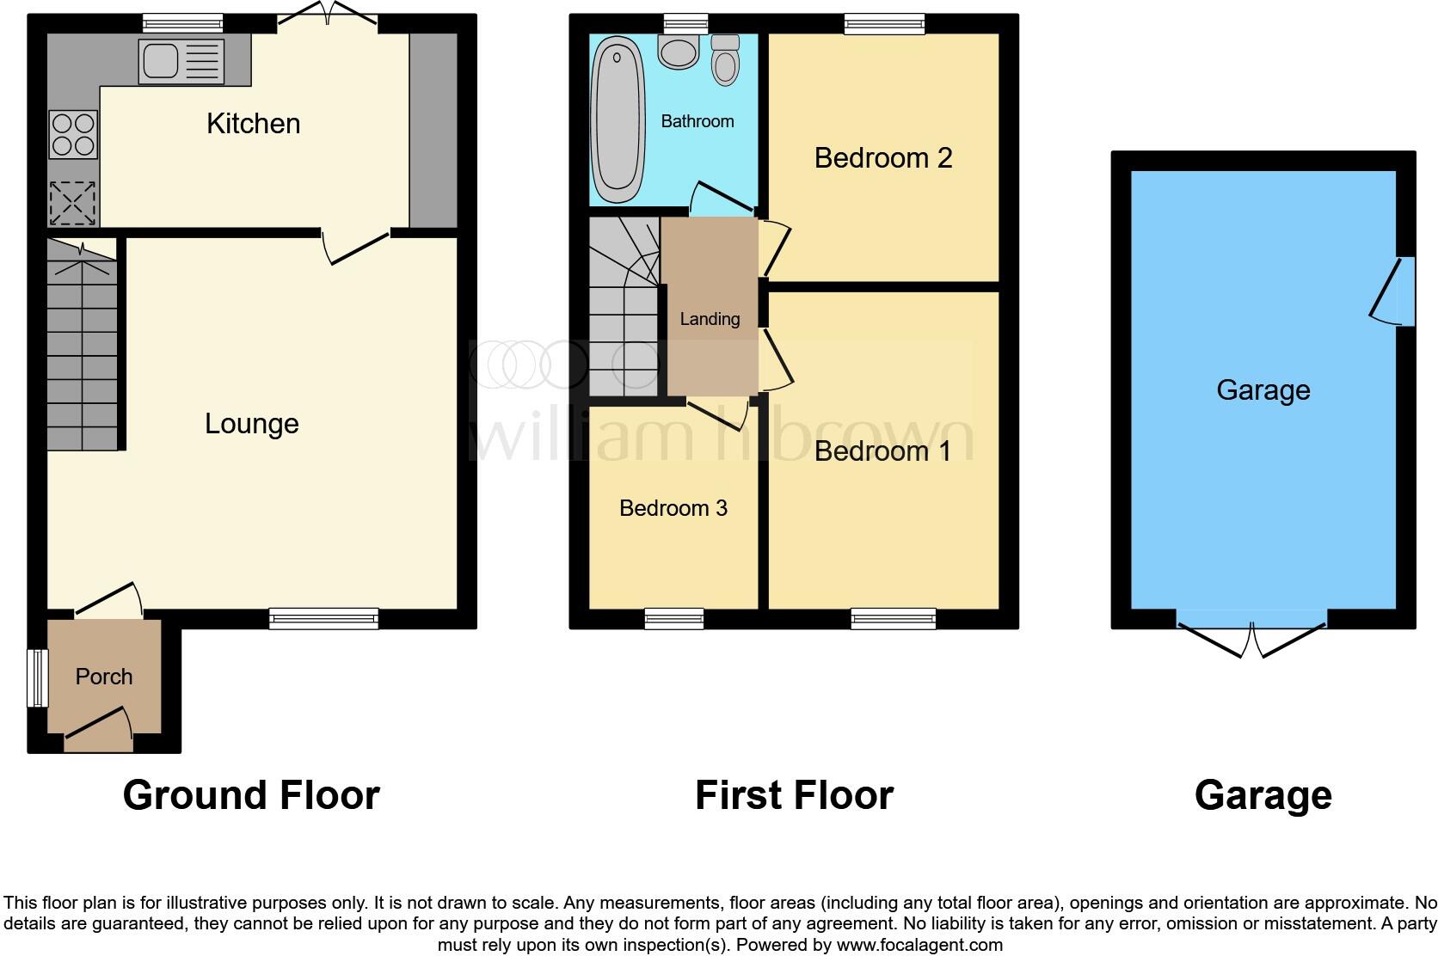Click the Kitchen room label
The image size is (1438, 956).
point(253,124)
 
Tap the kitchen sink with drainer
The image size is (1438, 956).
point(181,61)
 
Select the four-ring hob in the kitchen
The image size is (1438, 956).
point(73,135)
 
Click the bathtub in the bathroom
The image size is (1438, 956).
point(616,118)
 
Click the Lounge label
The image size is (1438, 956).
point(251,424)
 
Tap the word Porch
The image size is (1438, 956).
point(104,677)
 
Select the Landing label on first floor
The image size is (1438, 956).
point(710,319)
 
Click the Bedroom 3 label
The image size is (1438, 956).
point(673,508)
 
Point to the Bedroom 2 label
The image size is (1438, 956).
point(882,158)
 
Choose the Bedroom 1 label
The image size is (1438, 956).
point(882,451)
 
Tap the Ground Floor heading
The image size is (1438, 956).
point(251,795)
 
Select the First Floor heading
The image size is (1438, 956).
point(794,795)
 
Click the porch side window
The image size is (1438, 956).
point(37,678)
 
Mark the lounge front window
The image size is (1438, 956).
point(323,618)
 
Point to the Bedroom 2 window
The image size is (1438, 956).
point(884,23)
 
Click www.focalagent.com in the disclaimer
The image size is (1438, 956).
point(919,945)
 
